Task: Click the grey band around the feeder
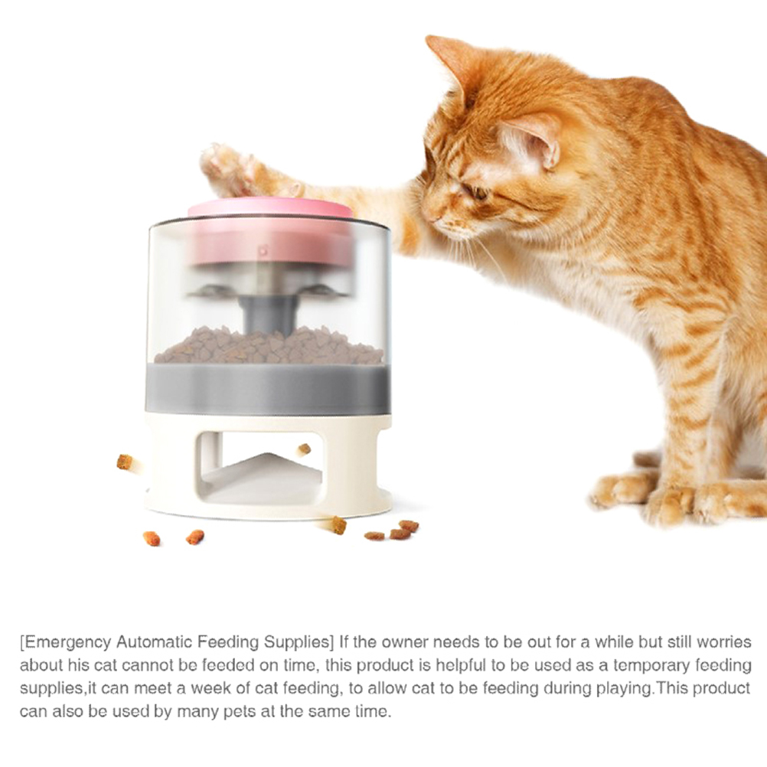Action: [268, 389]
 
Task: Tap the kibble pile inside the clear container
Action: [269, 345]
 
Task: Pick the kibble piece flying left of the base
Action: [125, 462]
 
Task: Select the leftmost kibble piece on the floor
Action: [152, 539]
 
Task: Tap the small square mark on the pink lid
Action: [263, 251]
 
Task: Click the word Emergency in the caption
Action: [67, 641]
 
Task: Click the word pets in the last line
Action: [240, 712]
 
